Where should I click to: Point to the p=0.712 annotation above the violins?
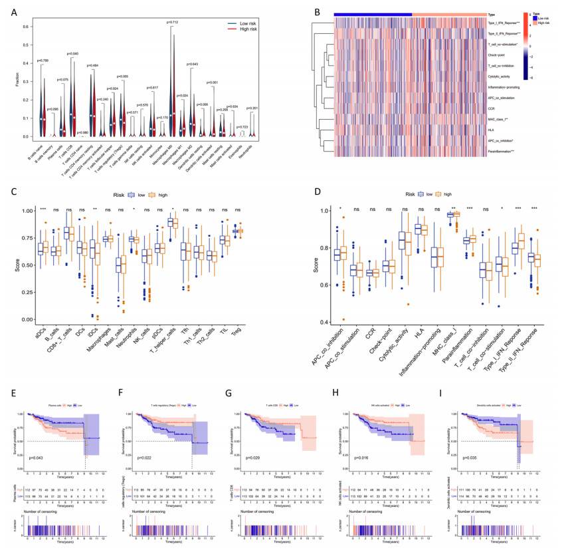tap(173, 21)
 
